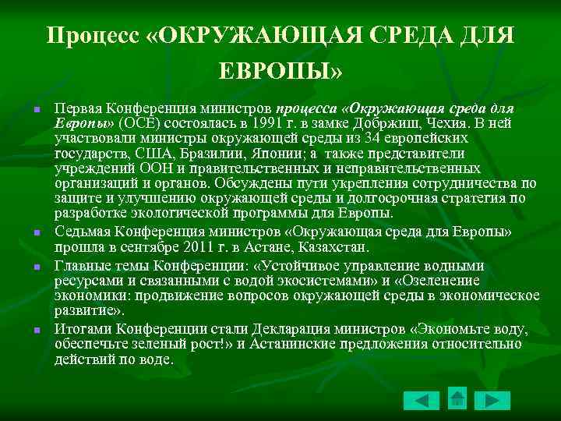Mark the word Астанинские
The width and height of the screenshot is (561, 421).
point(300,344)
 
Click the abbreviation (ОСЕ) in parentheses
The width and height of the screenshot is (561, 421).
point(136,122)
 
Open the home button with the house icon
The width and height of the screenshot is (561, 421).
point(457,398)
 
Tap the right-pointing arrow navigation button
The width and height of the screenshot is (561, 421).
point(493,401)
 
